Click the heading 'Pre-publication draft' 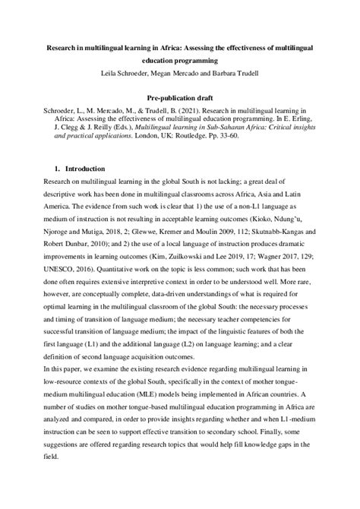[179, 98]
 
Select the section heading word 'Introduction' [86, 168]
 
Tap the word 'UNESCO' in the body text [47, 269]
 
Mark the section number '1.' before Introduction [55, 168]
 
